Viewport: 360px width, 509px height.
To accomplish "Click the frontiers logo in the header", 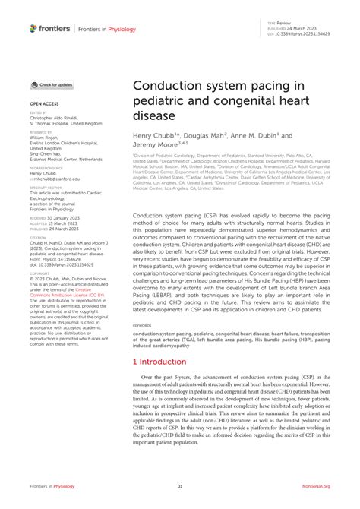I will tap(51, 28).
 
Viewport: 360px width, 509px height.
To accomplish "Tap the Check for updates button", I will tap(52, 85).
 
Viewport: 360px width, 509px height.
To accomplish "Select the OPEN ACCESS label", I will tap(44, 101).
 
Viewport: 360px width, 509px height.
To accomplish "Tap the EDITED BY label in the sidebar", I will tap(38, 111).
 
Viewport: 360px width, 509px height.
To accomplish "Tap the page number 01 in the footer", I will tap(180, 487).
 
